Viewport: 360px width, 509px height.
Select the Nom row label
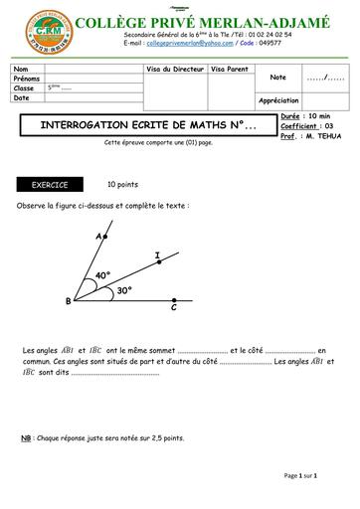point(21,68)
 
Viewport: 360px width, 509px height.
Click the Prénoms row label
point(27,78)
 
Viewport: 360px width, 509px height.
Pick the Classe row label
point(24,87)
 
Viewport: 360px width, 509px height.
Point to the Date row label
point(22,97)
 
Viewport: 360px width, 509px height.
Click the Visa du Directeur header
point(175,68)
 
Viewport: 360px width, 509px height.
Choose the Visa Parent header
point(230,68)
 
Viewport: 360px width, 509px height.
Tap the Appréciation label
point(278,100)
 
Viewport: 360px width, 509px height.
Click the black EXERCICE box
point(50,185)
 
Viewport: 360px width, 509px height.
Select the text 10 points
point(123,185)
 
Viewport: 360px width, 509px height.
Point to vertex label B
point(68,300)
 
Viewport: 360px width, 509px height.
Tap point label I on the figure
point(157,256)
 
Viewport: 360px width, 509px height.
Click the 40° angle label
point(102,274)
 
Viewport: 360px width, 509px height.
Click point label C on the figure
point(173,308)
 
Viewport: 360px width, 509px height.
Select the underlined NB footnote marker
point(26,437)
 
